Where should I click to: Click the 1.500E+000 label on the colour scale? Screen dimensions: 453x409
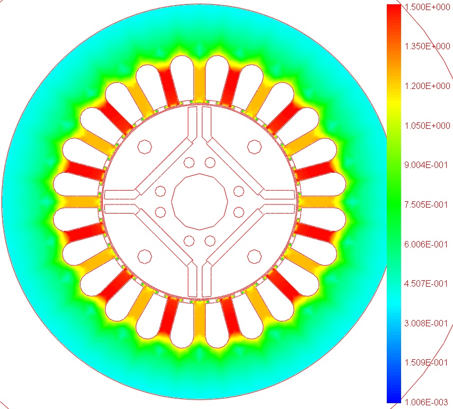(427, 7)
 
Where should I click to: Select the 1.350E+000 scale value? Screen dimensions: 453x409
(427, 46)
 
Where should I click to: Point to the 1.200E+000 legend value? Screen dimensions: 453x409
(427, 86)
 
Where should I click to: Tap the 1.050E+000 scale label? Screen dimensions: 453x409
(427, 126)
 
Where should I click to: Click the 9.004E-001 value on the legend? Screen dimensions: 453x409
(426, 165)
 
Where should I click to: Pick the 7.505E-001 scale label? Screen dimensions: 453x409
(426, 204)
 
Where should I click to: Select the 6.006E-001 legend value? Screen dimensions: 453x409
(426, 244)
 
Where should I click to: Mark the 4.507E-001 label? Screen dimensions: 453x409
(426, 283)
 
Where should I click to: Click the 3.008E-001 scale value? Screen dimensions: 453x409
(426, 323)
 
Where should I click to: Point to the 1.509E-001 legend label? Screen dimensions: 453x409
(426, 362)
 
